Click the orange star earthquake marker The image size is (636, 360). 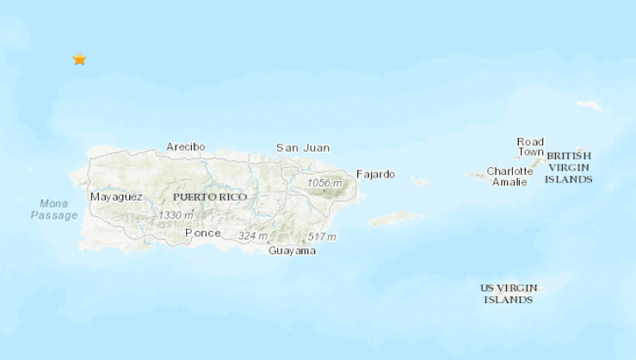click(x=79, y=59)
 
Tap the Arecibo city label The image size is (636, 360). click(x=186, y=146)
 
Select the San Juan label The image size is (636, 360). click(x=302, y=148)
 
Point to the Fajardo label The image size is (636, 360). click(x=375, y=174)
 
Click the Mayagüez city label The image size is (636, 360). click(x=116, y=197)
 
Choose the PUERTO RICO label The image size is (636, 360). click(x=210, y=197)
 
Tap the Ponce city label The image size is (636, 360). click(x=203, y=233)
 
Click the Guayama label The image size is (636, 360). click(x=292, y=251)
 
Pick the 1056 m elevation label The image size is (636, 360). click(x=324, y=183)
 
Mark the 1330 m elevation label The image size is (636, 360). click(x=176, y=214)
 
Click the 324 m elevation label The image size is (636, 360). click(x=253, y=236)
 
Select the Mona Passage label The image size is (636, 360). click(x=54, y=209)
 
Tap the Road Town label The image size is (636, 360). click(x=530, y=147)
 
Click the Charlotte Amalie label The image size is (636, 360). click(x=509, y=176)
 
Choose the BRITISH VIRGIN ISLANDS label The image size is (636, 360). click(x=570, y=167)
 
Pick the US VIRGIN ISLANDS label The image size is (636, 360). click(x=508, y=294)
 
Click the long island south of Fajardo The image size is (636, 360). click(x=395, y=219)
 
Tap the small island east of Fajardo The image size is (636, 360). click(x=420, y=183)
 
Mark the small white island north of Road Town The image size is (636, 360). click(x=590, y=106)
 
